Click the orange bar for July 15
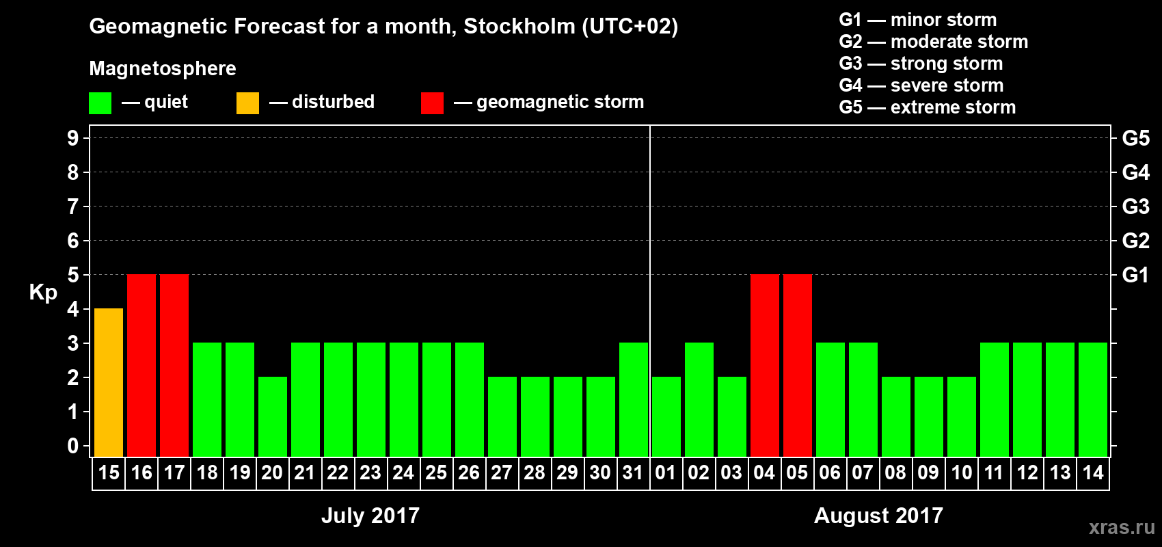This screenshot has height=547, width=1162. coord(109,382)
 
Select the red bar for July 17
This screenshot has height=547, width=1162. coord(174,365)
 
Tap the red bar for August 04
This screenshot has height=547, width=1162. coord(765,365)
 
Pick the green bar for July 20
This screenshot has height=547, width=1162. coord(273,416)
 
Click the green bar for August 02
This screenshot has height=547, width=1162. coord(699,399)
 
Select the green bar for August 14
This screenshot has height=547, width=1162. coord(1093,399)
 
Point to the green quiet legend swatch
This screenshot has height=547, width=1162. coord(100,103)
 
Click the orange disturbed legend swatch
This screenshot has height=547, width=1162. coord(247,103)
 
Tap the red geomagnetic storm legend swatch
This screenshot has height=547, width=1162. coord(432,103)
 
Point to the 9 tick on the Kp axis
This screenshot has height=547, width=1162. coord(73,138)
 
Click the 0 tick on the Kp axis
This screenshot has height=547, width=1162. coord(73,446)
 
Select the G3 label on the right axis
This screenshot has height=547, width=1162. coord(1135,206)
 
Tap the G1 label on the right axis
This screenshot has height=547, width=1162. coord(1135,275)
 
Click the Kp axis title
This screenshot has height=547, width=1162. coord(43,293)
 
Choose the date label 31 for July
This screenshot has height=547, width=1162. coord(633,473)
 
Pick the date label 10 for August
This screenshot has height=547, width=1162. coord(961,473)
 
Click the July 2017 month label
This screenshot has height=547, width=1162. coord(370,516)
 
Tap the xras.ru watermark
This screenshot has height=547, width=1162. coord(1121,527)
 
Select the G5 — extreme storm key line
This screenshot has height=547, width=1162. coord(927,107)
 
